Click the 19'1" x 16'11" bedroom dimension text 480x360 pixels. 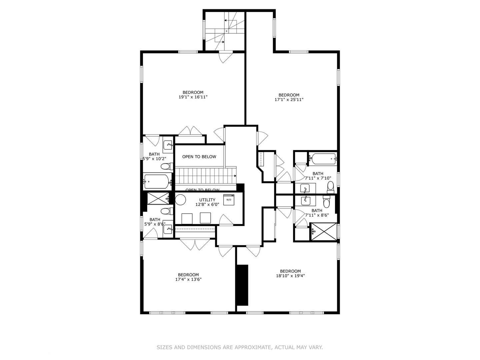193,97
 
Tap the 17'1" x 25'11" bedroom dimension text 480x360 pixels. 289,100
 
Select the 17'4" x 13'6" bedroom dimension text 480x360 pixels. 188,280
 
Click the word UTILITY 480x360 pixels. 207,200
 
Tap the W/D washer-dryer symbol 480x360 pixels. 229,200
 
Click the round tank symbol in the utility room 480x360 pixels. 180,200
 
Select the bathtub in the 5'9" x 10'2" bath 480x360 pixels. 157,182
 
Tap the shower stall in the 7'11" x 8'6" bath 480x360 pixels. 324,231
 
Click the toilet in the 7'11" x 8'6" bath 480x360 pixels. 326,202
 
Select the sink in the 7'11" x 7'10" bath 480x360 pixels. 305,189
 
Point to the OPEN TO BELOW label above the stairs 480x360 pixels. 199,157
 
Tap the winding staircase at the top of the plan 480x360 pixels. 224,31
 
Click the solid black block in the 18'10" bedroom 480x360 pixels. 242,285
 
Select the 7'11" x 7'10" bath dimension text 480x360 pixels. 318,178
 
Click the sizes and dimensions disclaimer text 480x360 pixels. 240,347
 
